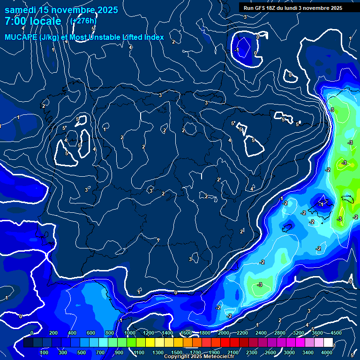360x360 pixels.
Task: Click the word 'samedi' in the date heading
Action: click(21, 10)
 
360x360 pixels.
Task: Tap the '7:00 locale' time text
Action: click(33, 21)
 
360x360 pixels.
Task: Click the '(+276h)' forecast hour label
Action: click(83, 21)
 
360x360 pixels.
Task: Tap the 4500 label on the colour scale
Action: click(336, 333)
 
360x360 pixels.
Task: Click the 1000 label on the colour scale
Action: click(129, 333)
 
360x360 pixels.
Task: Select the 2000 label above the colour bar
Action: click(223, 333)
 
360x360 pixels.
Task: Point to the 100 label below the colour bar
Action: click(45, 352)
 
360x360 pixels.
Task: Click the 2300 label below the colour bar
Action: click(252, 352)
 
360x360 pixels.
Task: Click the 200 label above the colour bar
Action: click(53, 333)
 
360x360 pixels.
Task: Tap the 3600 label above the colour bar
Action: click(317, 333)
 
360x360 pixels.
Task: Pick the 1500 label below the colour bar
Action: click(177, 352)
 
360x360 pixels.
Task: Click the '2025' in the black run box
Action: click(336, 8)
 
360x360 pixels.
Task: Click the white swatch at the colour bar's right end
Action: click(328, 343)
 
